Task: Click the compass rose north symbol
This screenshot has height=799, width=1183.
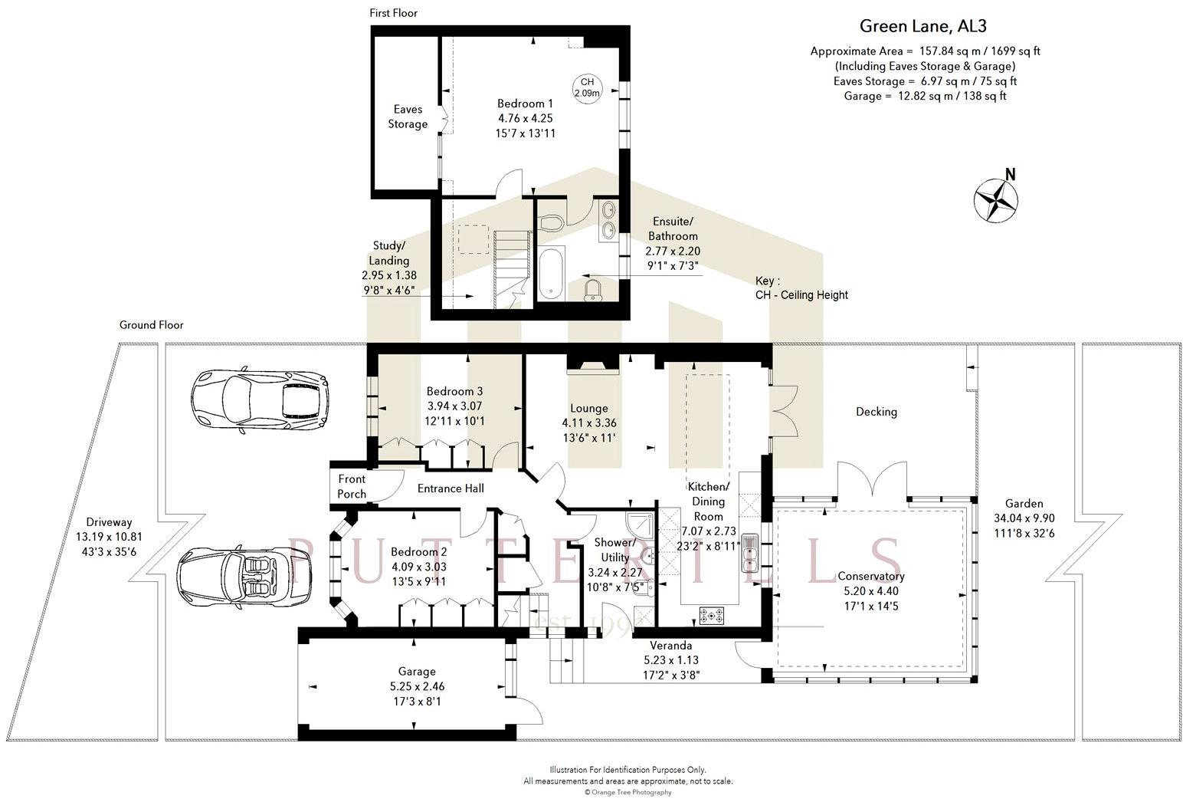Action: pos(996,199)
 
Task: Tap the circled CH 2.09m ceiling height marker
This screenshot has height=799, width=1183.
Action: pos(587,87)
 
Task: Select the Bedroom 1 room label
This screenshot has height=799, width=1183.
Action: pos(525,104)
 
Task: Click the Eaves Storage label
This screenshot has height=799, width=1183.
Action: pos(408,117)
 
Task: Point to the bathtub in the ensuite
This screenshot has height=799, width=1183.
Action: pos(551,274)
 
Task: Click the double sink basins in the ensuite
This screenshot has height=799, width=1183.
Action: pos(609,220)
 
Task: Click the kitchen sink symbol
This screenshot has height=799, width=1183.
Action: pos(749,554)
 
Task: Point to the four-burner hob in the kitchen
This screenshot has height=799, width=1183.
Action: pos(711,616)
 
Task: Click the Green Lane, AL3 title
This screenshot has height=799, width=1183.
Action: pos(923,26)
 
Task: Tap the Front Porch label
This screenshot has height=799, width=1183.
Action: pos(352,486)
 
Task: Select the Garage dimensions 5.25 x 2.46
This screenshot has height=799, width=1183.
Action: pos(417,686)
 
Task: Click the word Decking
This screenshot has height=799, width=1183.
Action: pos(877,412)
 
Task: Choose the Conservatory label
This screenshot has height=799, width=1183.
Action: pos(871,576)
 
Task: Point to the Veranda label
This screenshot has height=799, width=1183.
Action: pos(670,645)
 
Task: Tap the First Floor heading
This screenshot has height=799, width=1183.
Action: pos(394,13)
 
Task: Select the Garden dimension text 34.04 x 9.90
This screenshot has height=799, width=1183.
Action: pos(1024,518)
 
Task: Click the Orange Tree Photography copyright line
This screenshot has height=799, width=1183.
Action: pos(628,792)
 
